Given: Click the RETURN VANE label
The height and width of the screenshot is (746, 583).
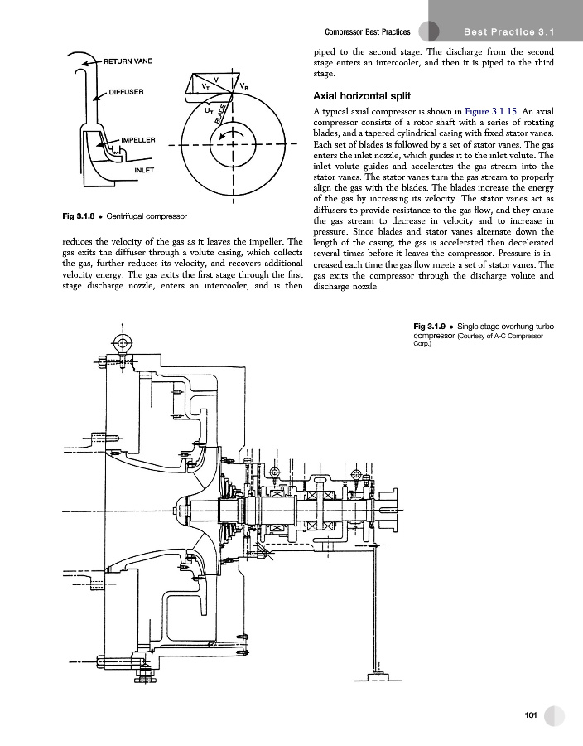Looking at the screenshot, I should click(127, 61).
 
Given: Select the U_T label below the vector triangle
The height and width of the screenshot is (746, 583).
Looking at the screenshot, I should click(208, 109).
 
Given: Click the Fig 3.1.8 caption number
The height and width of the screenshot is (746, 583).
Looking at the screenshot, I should click(80, 217).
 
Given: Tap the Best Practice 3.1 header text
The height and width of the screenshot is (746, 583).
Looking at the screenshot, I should click(508, 31).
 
